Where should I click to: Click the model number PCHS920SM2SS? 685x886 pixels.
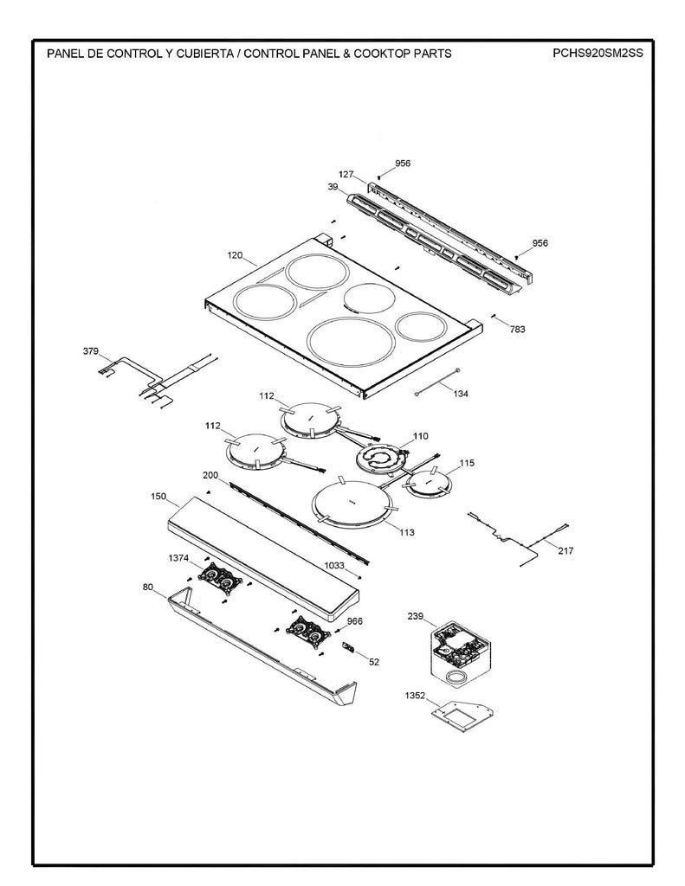click(x=598, y=53)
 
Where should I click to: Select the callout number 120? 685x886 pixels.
click(x=235, y=256)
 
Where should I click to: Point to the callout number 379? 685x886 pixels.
click(x=91, y=351)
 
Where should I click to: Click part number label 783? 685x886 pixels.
click(x=517, y=329)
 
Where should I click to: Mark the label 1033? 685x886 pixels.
click(x=334, y=565)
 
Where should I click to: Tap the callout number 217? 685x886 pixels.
click(x=565, y=550)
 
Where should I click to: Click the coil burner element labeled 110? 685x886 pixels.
click(x=379, y=459)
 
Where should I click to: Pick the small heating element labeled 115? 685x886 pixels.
click(x=430, y=483)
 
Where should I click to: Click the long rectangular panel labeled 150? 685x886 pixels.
click(x=260, y=555)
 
